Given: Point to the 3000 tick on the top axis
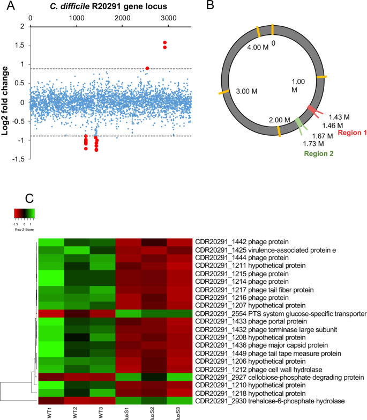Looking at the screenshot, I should tap(168, 18).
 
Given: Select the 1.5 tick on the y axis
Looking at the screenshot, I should tap(21, 46).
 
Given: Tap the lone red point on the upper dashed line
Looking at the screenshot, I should tap(147, 68).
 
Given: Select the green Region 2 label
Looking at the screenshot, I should tap(322, 153).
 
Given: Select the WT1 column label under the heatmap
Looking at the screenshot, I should tap(50, 409).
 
